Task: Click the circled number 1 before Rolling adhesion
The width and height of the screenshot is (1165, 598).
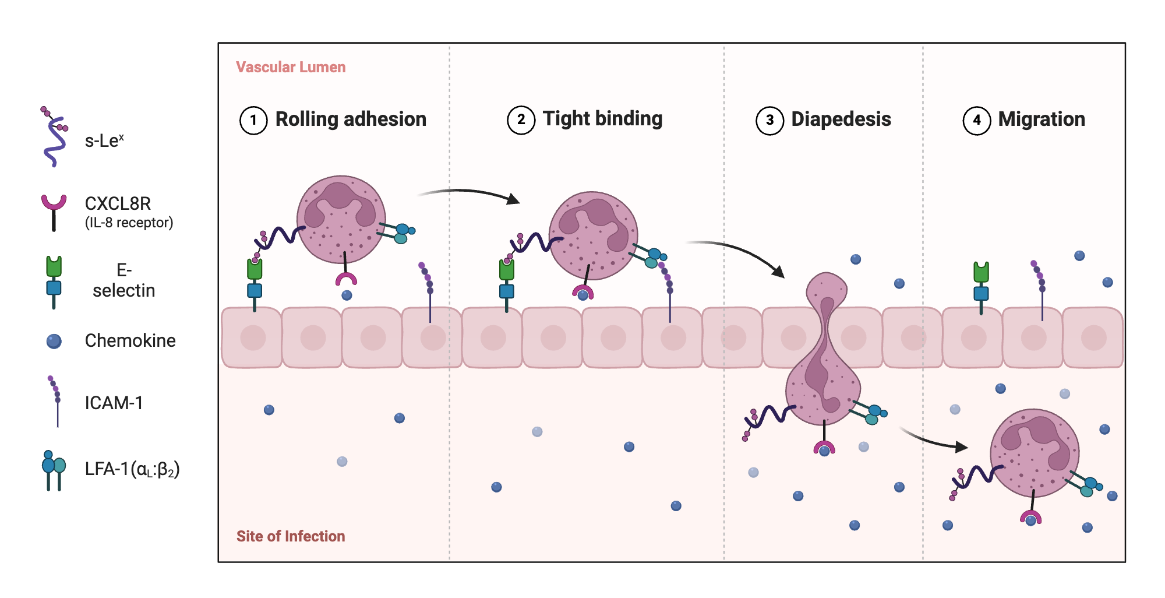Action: (253, 121)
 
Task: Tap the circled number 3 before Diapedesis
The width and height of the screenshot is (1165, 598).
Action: (769, 121)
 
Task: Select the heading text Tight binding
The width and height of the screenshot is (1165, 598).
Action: (602, 119)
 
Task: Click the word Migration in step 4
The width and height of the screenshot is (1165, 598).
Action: (1042, 119)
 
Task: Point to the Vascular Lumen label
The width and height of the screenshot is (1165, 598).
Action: (291, 68)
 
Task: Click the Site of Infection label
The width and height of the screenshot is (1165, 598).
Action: (291, 536)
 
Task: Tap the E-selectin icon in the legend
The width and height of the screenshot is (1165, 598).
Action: (54, 281)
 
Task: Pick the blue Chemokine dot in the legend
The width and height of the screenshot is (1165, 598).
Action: (54, 341)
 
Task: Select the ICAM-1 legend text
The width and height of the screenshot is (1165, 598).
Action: (114, 403)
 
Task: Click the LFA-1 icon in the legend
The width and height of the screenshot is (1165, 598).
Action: (54, 470)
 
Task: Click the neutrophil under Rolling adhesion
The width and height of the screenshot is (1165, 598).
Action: (341, 220)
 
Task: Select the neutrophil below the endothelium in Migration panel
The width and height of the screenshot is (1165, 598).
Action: (1035, 453)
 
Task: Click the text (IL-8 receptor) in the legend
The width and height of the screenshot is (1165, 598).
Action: (129, 223)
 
